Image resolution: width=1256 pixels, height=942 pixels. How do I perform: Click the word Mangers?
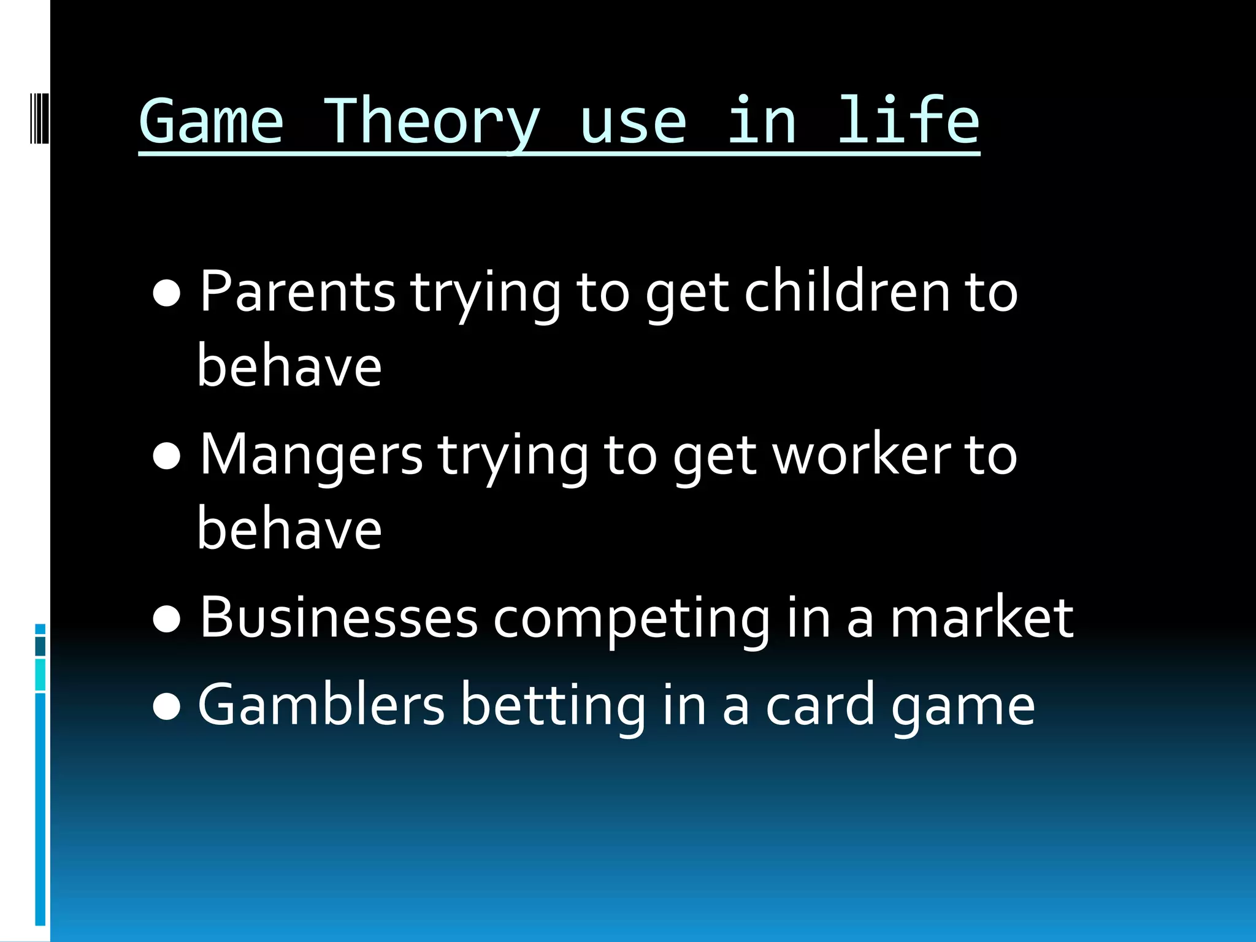click(x=312, y=455)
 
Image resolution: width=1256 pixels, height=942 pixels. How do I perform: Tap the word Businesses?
click(x=339, y=618)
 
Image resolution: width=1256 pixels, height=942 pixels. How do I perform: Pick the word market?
click(x=981, y=618)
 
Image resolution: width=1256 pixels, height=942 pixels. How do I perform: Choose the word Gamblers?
click(x=321, y=705)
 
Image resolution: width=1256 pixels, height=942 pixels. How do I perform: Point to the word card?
click(x=820, y=705)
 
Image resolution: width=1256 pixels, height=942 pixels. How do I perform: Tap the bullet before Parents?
click(x=167, y=294)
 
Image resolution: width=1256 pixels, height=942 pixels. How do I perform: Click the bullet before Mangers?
click(x=167, y=457)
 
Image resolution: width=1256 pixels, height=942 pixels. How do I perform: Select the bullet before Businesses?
click(x=167, y=619)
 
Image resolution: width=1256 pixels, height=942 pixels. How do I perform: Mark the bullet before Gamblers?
click(x=167, y=707)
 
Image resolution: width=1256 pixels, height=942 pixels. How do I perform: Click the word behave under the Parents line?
click(x=289, y=366)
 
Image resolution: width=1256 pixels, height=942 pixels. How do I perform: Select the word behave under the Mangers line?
click(x=289, y=529)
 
